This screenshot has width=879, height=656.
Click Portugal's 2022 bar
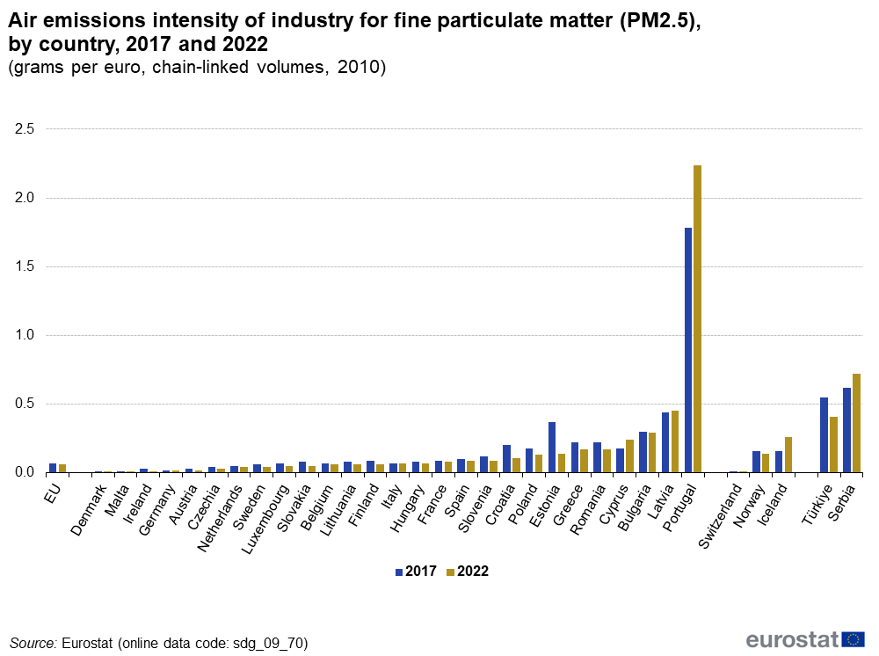coord(698,318)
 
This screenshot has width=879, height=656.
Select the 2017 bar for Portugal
coord(688,350)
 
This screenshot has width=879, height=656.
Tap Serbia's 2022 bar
coord(857,423)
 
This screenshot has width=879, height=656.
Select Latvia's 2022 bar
coord(675,441)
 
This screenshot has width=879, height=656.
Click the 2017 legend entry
coord(415,571)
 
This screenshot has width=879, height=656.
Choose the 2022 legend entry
coord(467,571)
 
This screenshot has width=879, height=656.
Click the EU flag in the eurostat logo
coord(853,639)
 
